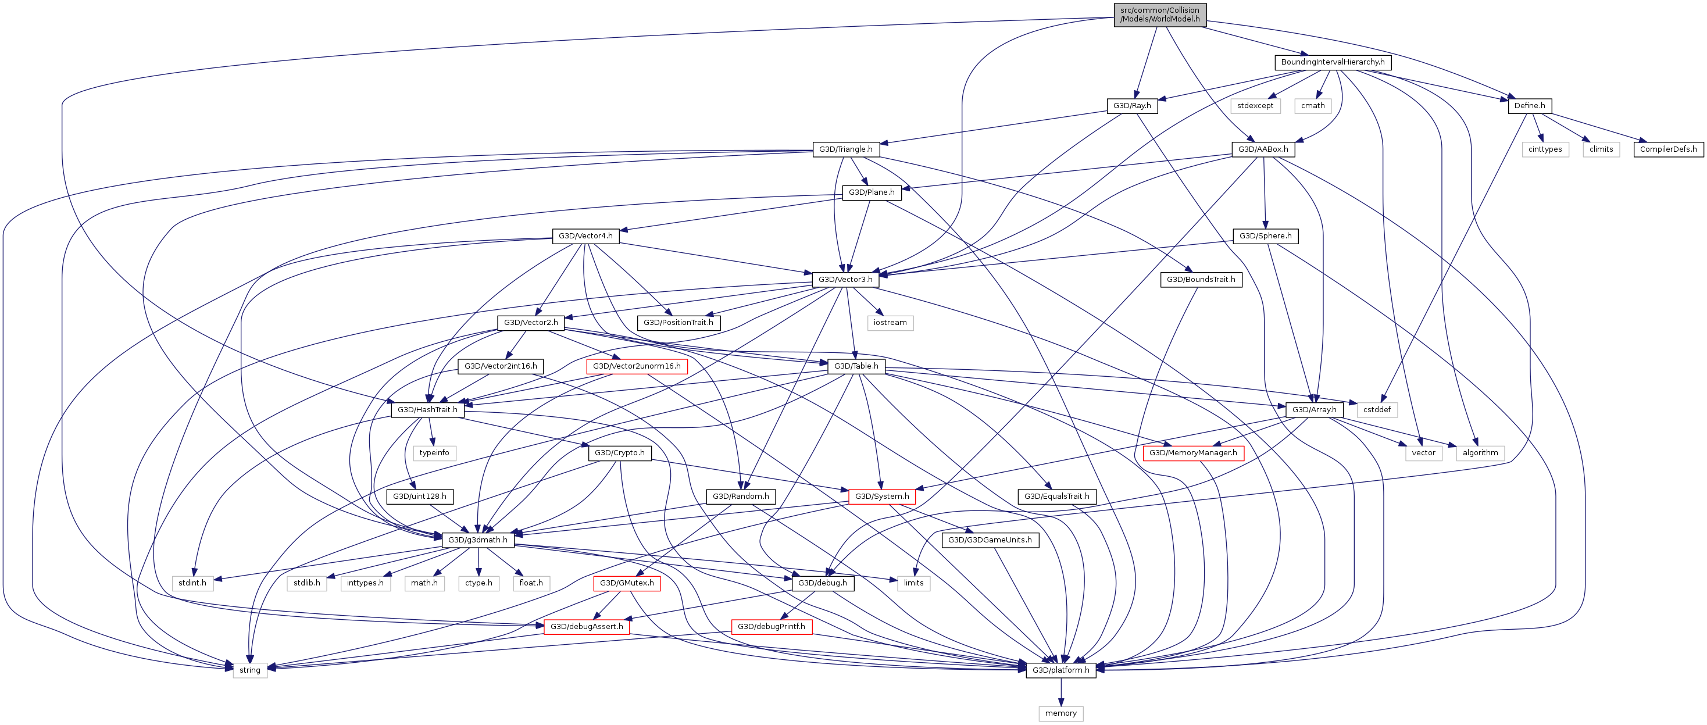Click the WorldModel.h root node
(1160, 15)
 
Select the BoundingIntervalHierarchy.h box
(1332, 62)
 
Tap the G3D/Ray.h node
(1132, 106)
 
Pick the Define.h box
(1530, 106)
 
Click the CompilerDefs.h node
(1668, 149)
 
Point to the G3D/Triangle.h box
(845, 149)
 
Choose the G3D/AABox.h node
(1263, 149)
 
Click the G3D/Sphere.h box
(1265, 236)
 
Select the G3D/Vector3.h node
(845, 280)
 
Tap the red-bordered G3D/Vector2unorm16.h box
(636, 366)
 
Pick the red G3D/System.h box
(881, 497)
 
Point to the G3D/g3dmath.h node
(478, 540)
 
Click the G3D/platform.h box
(1060, 670)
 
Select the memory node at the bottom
(1060, 713)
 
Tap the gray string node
(250, 670)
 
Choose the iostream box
(890, 323)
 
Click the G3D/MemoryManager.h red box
(1193, 453)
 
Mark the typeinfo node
(434, 453)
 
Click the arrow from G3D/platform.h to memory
(1060, 692)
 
